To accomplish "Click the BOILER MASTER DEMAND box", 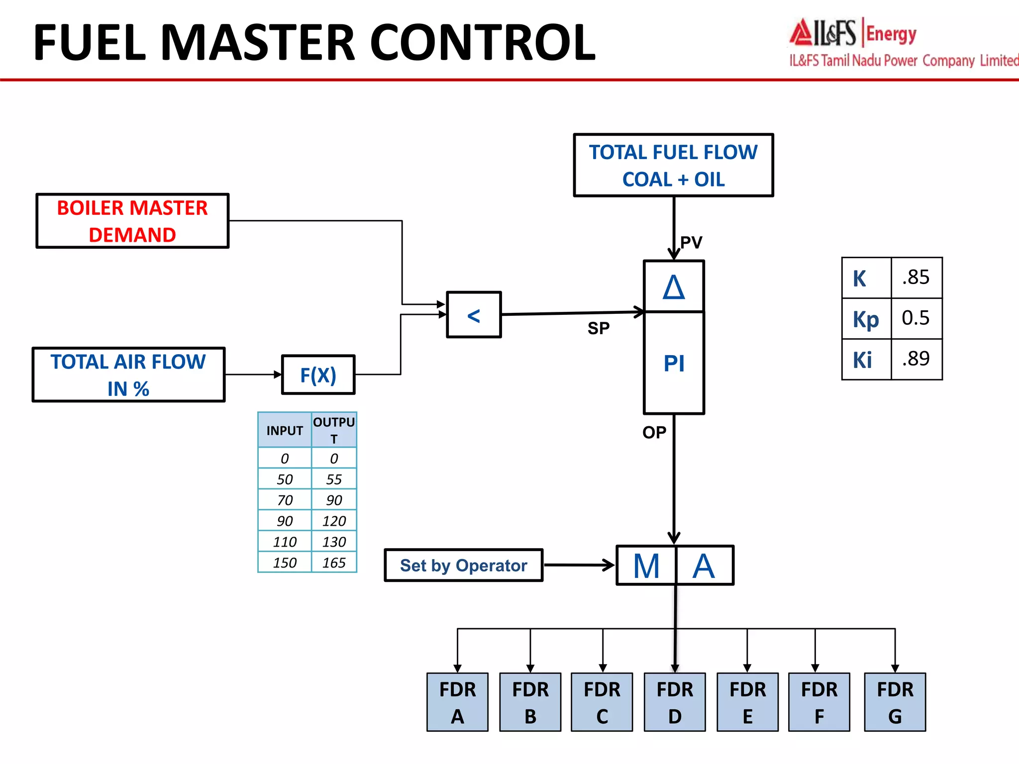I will pos(132,221).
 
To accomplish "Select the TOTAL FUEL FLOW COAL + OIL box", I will pos(673,165).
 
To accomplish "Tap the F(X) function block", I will pos(318,375).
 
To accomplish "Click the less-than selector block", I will pos(474,315).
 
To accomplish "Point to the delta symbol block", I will pos(674,287).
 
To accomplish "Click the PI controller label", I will pos(674,363).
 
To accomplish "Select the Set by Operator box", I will pos(463,566).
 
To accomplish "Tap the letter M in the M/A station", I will pos(646,566).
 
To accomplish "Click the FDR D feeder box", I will pos(674,702).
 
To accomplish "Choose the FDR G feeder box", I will pos(895,702).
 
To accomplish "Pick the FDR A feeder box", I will pos(457,702).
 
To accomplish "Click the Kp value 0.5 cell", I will pos(916,318).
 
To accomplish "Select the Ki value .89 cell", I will pos(916,359).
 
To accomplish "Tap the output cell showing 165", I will pos(334,563).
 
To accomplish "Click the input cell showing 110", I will pos(285,542).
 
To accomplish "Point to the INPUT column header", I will pos(285,430).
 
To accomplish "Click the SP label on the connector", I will pos(598,328).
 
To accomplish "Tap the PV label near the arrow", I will pos(691,243).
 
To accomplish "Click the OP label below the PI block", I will pos(654,432).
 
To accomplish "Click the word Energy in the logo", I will pos(891,34).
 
